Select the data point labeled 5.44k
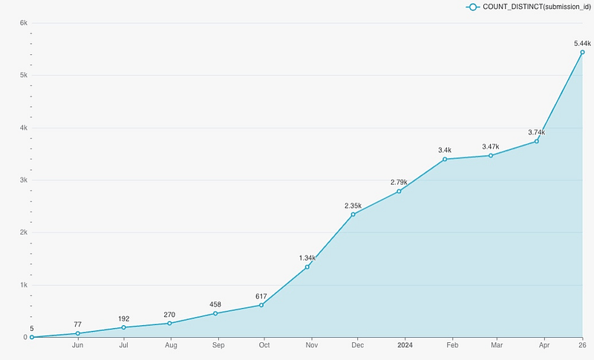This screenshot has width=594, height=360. click(x=583, y=52)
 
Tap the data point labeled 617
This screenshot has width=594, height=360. click(x=261, y=305)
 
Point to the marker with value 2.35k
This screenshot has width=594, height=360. click(x=353, y=215)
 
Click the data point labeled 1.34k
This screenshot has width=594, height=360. click(x=307, y=267)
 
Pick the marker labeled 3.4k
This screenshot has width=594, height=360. click(x=445, y=160)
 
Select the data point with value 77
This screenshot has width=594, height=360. click(x=77, y=333)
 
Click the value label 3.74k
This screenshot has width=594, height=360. click(x=536, y=132)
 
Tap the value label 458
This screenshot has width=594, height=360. click(x=215, y=304)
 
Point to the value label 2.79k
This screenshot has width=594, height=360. click(x=399, y=182)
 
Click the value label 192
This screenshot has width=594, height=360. click(x=123, y=318)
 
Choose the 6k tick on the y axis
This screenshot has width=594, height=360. click(x=23, y=23)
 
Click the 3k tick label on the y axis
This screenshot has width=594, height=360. click(x=23, y=180)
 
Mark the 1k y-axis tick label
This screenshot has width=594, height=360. click(x=23, y=285)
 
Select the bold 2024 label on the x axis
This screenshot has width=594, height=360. click(x=405, y=344)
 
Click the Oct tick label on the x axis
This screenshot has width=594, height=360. click(x=264, y=344)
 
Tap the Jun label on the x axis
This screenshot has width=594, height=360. click(x=77, y=344)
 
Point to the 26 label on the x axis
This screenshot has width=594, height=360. click(x=582, y=344)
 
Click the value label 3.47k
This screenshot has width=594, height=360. click(x=491, y=146)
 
